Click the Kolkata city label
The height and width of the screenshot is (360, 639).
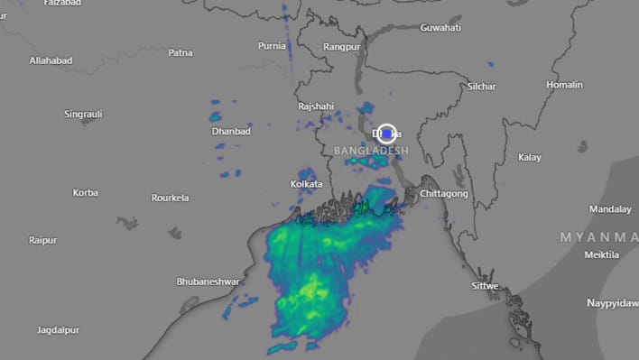pyautogui.click(x=306, y=184)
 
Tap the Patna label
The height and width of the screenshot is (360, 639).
pyautogui.click(x=180, y=52)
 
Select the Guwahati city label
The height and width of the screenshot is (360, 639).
pyautogui.click(x=440, y=28)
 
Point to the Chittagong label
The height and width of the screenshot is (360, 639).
pyautogui.click(x=444, y=194)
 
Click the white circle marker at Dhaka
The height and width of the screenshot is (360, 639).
pyautogui.click(x=387, y=134)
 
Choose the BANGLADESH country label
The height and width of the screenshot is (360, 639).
pyautogui.click(x=371, y=150)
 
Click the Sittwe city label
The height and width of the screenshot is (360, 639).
pyautogui.click(x=485, y=286)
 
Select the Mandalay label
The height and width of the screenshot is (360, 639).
pyautogui.click(x=610, y=209)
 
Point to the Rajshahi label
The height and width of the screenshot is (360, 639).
pyautogui.click(x=316, y=106)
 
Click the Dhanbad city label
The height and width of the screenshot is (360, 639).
pyautogui.click(x=231, y=132)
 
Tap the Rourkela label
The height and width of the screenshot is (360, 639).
pyautogui.click(x=171, y=198)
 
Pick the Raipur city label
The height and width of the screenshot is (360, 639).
pyautogui.click(x=42, y=240)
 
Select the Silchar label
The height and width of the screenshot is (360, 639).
pyautogui.click(x=482, y=87)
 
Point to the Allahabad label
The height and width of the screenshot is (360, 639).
pyautogui.click(x=51, y=60)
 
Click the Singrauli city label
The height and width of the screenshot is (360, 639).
pyautogui.click(x=83, y=115)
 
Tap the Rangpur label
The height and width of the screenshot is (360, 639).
pyautogui.click(x=341, y=46)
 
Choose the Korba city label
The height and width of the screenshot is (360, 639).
pyautogui.click(x=86, y=192)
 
